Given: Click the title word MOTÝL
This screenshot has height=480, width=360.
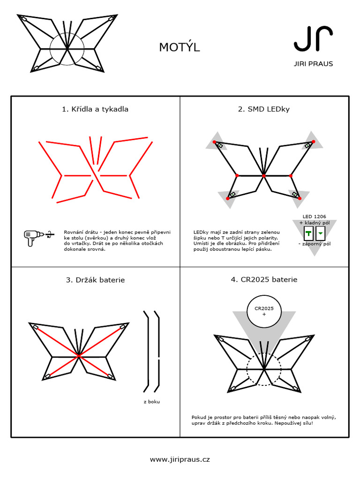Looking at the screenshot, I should (x=179, y=47).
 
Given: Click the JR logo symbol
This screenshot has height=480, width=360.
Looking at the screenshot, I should (x=314, y=39).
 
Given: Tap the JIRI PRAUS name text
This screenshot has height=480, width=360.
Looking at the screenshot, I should (x=314, y=64).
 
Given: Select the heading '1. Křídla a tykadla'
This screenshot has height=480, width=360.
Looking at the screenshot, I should (x=95, y=109).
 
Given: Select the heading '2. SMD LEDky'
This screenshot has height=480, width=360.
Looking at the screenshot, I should (x=263, y=109).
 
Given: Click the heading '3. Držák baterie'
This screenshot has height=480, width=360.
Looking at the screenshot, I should (x=95, y=280).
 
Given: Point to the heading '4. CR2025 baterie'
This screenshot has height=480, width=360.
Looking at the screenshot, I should (x=264, y=280).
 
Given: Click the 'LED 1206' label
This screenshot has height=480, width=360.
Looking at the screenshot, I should (x=314, y=217).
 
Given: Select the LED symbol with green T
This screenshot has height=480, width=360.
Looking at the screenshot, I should (x=309, y=233).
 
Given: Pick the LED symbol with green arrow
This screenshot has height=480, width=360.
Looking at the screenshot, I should (x=321, y=233).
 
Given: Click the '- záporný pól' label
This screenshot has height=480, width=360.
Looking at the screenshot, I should (x=315, y=244).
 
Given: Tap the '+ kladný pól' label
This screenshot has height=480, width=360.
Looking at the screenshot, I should (x=314, y=223).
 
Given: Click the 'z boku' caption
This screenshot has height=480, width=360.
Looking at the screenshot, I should (x=151, y=402).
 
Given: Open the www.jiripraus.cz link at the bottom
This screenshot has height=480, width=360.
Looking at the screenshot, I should (x=180, y=459).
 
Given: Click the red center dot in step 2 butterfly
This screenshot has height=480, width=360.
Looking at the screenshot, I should (x=264, y=175).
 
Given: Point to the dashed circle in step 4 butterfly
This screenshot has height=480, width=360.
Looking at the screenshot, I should (x=264, y=369).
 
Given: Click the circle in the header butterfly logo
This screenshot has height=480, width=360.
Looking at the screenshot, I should (x=67, y=48).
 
